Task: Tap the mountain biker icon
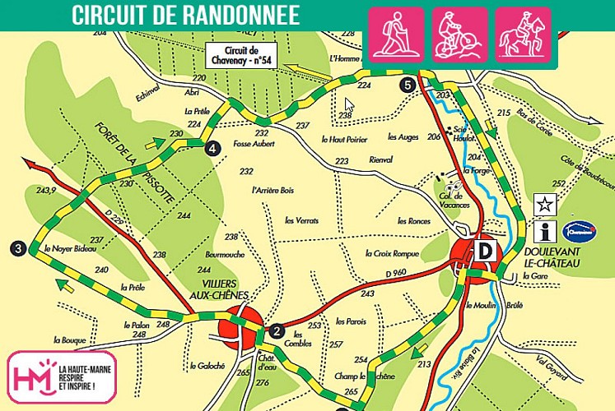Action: point(460,36)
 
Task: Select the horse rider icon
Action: point(524,36)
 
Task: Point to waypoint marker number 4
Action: point(212,148)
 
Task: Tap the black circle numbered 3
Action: point(16,248)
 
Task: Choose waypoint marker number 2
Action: point(277,331)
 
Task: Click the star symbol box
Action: point(543,203)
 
